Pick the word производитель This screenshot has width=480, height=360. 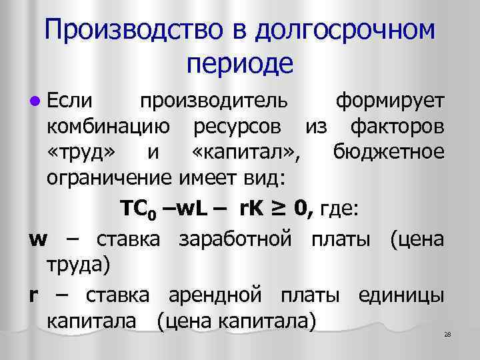click(213, 101)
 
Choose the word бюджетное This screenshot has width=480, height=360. click(387, 153)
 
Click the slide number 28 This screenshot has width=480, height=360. click(447, 334)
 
